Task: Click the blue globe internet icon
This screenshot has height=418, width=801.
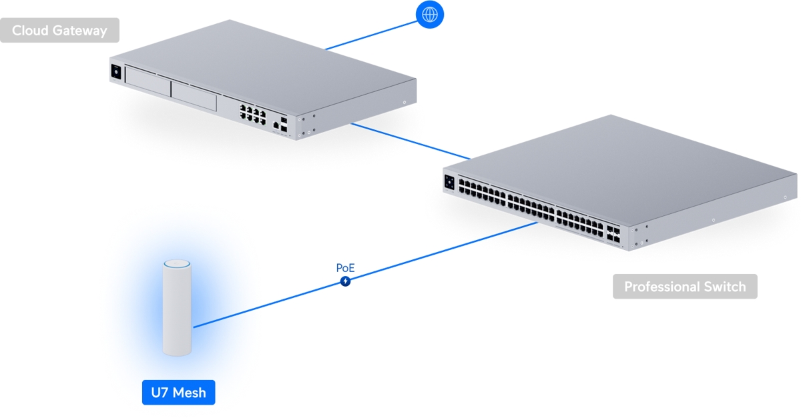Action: pos(429,13)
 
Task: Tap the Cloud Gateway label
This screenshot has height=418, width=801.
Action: pos(59,31)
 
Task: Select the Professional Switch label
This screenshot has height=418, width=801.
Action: pos(685,287)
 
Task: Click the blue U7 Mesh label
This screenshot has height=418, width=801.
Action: pos(178,392)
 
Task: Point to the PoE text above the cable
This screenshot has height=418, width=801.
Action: pos(345,268)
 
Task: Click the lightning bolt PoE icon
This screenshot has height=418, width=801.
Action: pos(345,281)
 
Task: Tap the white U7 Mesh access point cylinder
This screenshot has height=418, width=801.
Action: pos(178,310)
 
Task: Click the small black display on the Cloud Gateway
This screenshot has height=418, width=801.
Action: pos(116,71)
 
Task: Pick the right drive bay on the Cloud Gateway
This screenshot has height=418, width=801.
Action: pos(194,97)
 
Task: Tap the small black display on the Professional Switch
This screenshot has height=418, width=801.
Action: pos(449,182)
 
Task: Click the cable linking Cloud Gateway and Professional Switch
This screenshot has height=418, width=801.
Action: pos(411,141)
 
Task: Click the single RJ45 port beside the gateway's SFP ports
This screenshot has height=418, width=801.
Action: pos(276,124)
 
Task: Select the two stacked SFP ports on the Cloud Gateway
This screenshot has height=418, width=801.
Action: pos(284,123)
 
